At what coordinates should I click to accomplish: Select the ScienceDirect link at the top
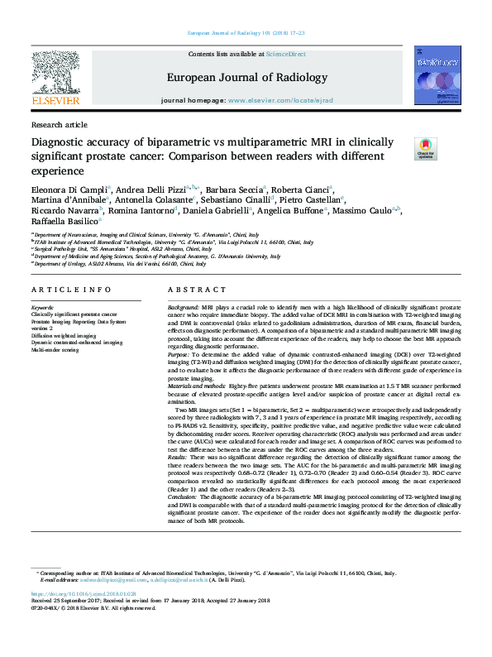coord(285,54)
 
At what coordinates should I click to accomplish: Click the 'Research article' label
coord(59,124)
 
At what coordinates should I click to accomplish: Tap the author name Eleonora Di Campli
coord(75,189)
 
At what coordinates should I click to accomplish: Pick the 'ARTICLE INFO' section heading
coord(70,290)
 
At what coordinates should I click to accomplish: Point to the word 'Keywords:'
coord(45,307)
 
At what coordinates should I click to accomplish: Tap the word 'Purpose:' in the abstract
coord(181,353)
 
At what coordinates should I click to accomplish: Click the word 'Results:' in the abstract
coord(179,456)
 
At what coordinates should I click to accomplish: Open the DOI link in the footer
coord(84,594)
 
